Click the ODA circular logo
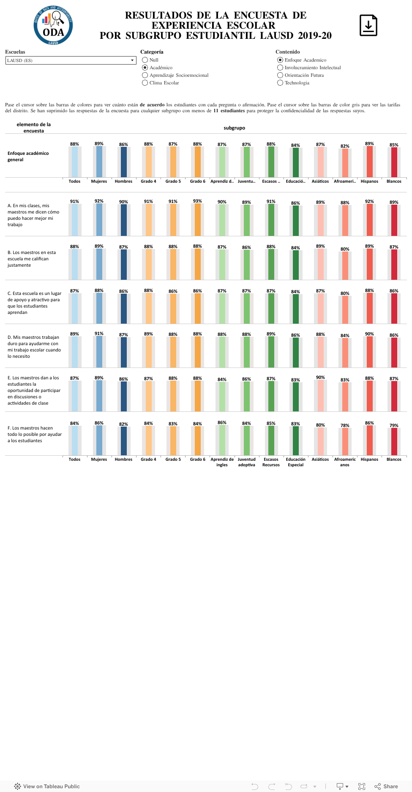point(53,25)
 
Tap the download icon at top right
point(368,25)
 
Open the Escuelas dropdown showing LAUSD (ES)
point(71,60)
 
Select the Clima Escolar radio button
point(145,83)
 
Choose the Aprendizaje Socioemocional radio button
point(145,75)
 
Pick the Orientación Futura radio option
point(280,75)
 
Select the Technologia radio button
point(280,83)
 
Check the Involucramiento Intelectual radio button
point(280,68)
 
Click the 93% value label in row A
point(197,201)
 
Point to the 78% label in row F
point(345,425)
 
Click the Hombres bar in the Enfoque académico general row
point(124,162)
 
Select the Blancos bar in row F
point(394,441)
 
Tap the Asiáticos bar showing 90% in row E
point(320,395)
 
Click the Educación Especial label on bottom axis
point(296,462)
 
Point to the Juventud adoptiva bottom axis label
point(247,462)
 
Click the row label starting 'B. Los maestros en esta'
point(32,259)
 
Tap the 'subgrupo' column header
point(235,128)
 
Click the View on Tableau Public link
point(47,786)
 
